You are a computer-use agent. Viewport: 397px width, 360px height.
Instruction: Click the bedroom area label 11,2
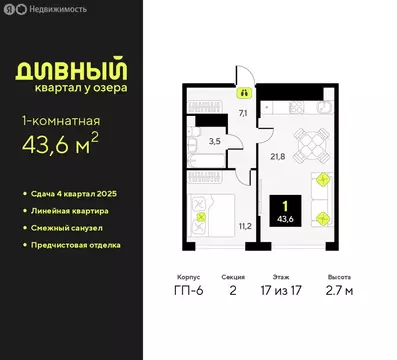pyautogui.click(x=244, y=226)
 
